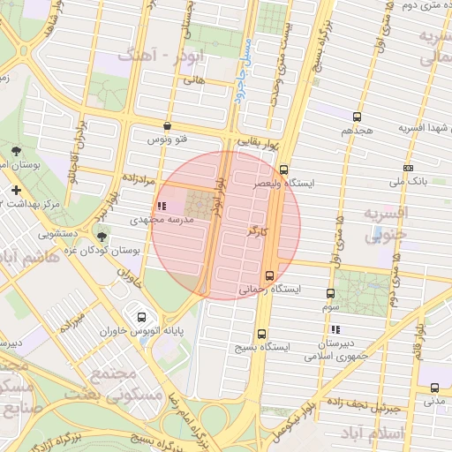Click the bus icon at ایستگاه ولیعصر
coord(283,169)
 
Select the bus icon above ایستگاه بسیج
coord(261,333)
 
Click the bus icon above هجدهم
coord(357,117)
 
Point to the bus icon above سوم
coord(331,293)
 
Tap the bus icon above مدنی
coord(434,387)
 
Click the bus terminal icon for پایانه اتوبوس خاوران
coord(141,317)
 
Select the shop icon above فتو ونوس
coord(168,126)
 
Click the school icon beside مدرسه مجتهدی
coord(160,206)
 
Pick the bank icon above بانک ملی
coord(408,168)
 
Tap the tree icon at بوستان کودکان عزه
coord(102,237)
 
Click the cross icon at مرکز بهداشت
coord(16,190)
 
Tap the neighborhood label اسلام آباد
coord(402,433)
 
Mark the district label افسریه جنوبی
coord(387,225)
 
